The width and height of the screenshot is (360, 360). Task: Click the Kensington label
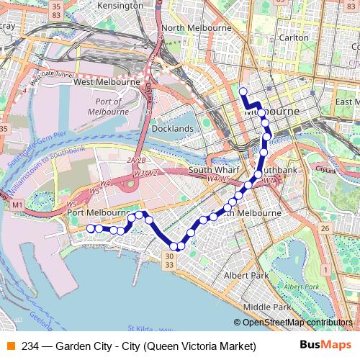click(120, 6)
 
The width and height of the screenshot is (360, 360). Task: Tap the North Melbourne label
click(195, 28)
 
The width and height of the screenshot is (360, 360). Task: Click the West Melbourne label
click(107, 83)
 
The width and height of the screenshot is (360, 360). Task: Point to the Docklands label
click(173, 129)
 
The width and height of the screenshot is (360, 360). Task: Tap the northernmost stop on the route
click(243, 91)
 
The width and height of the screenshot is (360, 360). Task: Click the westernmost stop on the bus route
click(91, 228)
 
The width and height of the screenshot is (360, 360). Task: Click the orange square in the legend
click(9, 346)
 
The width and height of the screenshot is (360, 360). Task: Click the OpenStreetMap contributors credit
click(297, 323)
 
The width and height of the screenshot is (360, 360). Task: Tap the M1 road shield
click(16, 206)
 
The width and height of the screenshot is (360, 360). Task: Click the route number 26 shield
click(325, 228)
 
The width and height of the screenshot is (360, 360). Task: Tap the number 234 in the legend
click(30, 346)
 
